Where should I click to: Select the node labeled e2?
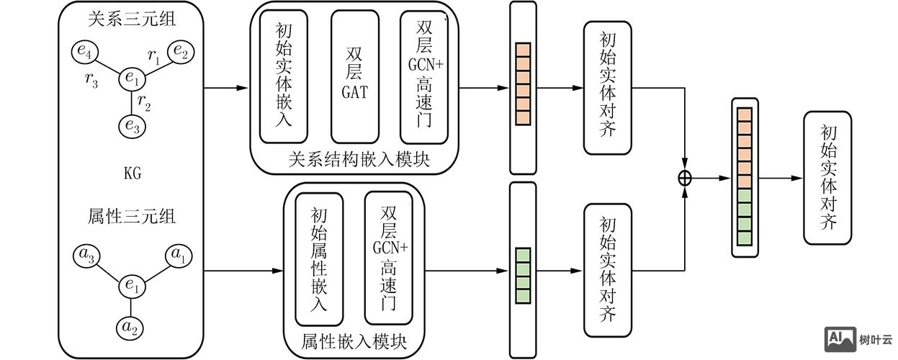point(179,51)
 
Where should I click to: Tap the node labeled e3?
point(131,125)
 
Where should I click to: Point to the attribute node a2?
point(130,328)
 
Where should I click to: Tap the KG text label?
point(133,173)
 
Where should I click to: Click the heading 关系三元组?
point(132,17)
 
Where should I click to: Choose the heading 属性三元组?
point(132,215)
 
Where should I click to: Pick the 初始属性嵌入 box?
point(319,258)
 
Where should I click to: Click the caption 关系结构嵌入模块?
point(359,160)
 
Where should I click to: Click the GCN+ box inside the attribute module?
point(389,258)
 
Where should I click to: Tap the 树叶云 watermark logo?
point(858,339)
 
